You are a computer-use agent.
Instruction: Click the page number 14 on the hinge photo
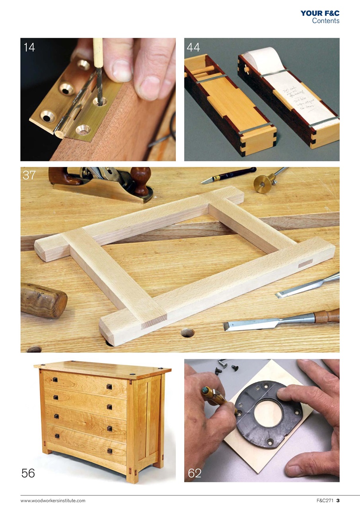click(x=29, y=47)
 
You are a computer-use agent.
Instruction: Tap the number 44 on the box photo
click(x=193, y=47)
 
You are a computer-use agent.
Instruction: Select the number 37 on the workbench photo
click(x=29, y=175)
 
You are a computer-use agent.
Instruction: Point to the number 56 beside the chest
click(x=28, y=473)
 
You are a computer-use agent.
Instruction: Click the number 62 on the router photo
click(x=195, y=473)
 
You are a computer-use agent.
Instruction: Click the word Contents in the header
click(x=325, y=21)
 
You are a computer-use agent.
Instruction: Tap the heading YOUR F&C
click(x=320, y=13)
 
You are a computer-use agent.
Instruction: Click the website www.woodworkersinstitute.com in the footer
click(x=53, y=501)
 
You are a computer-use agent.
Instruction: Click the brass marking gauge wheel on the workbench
click(x=263, y=185)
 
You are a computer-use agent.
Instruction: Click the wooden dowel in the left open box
click(x=202, y=71)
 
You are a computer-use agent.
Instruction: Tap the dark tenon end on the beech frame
click(x=306, y=263)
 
